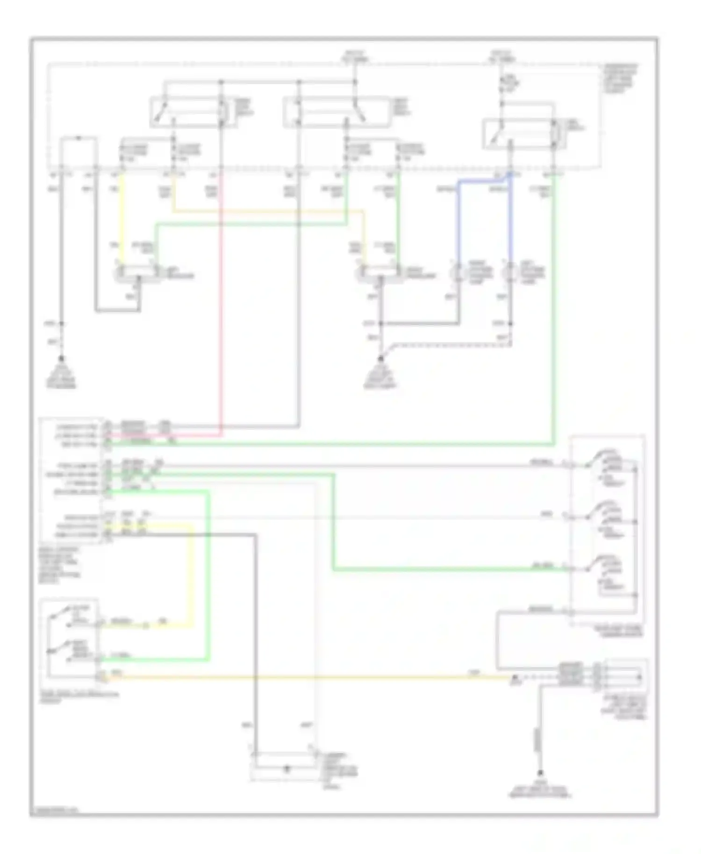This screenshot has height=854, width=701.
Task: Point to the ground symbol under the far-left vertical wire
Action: [61, 361]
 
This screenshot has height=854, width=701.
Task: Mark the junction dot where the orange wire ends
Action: [515, 676]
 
